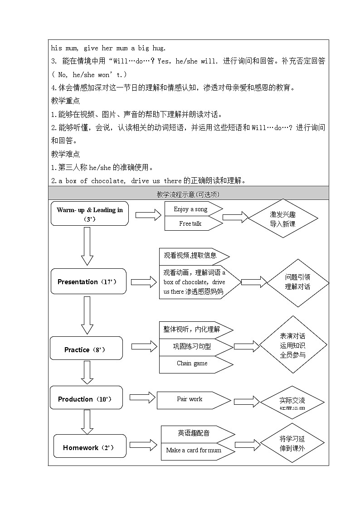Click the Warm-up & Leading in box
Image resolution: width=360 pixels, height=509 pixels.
point(89,213)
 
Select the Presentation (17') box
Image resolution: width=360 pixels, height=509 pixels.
point(88,281)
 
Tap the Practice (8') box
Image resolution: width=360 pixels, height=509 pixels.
point(86,349)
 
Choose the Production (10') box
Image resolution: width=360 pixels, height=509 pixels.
point(86,398)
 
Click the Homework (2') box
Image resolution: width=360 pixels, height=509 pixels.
point(90,447)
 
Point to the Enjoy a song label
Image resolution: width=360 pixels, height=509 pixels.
point(190,209)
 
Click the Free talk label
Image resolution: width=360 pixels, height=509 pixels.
point(190,223)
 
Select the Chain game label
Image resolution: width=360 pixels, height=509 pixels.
point(192,364)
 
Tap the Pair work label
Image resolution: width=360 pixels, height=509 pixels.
point(190,399)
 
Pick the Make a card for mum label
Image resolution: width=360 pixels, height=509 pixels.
point(194,450)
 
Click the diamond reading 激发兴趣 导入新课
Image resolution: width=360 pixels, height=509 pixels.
point(282,219)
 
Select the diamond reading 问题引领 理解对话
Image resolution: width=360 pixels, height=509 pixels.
point(297,281)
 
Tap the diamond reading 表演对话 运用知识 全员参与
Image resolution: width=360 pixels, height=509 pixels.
point(293,345)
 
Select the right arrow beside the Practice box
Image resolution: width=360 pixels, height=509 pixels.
point(144,347)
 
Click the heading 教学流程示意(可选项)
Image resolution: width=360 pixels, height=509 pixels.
point(188,194)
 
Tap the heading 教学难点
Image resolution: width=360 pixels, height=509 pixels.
point(66,154)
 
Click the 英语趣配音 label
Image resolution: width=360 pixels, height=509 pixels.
point(194,433)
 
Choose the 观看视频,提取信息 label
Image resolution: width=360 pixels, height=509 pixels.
point(190,255)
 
